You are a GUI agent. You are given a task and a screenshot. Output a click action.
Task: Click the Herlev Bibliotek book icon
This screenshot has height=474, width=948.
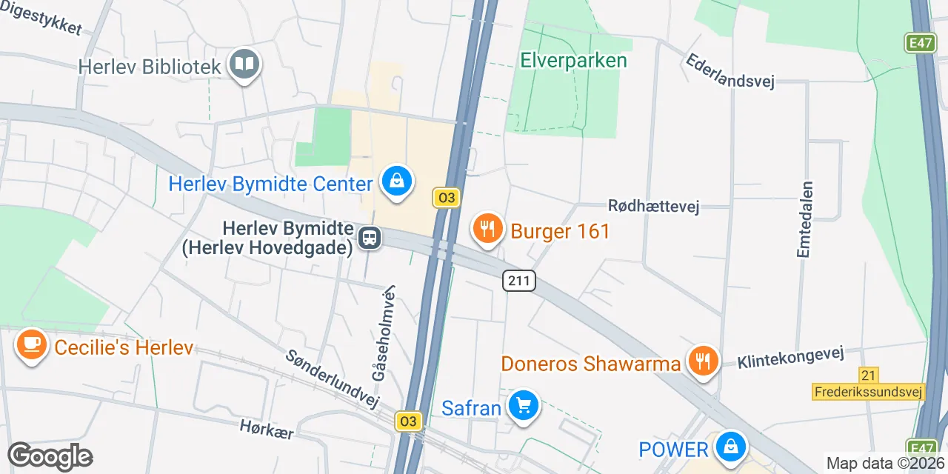pos(244,64)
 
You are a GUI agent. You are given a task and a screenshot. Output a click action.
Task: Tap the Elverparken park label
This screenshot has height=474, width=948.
pos(573,60)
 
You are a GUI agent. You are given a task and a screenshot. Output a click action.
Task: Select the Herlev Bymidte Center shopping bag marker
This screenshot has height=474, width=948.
pos(397,181)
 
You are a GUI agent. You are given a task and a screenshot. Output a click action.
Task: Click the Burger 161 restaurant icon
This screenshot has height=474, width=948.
pos(487,229)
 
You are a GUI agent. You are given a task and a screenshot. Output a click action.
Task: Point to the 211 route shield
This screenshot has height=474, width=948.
pos(518,281)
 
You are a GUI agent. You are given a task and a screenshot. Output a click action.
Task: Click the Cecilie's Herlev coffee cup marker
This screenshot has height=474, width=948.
pos(32,345)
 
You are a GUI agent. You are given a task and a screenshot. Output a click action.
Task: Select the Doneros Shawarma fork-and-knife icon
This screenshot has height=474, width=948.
pos(702,361)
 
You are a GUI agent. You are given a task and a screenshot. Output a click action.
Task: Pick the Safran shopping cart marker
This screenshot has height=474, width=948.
pos(524,405)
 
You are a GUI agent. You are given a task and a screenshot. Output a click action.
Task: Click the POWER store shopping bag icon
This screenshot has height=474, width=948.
pos(731,447)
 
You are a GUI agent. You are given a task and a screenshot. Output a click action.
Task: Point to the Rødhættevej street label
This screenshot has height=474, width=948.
pos(653,206)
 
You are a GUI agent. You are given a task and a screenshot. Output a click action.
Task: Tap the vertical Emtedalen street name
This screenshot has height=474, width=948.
pos(804,220)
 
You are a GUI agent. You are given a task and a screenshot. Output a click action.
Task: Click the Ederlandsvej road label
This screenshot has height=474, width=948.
pos(730,71)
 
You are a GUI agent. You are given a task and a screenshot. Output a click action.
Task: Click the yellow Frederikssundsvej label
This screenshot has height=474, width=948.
pos(869,392)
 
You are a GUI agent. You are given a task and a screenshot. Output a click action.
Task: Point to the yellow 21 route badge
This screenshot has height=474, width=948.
pos(869,375)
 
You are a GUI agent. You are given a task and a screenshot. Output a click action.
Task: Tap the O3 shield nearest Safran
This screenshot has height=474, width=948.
pos(408,421)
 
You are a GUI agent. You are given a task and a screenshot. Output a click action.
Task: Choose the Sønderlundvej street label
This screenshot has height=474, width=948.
pos(332,378)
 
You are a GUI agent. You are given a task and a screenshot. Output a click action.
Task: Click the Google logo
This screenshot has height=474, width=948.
pos(50,456)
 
